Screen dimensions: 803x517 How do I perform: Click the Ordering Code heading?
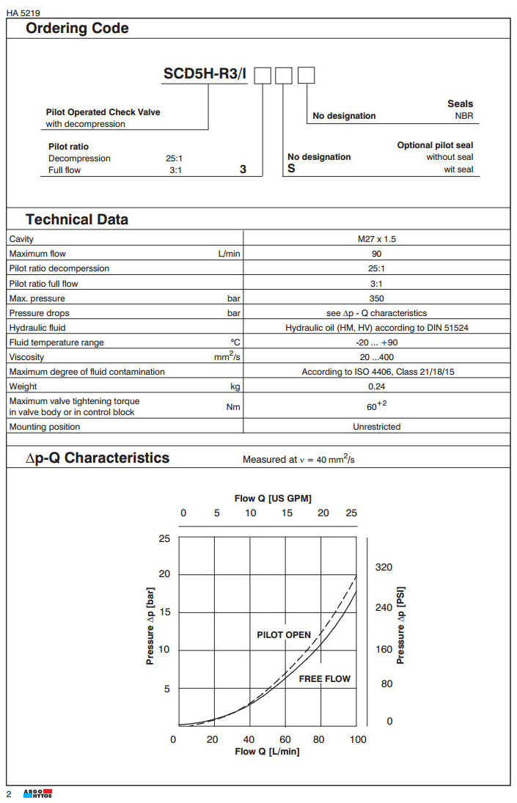[x=77, y=29]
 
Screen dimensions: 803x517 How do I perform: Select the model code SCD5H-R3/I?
[x=205, y=75]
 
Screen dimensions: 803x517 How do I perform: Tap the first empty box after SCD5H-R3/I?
[x=263, y=76]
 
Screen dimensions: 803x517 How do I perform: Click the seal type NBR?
[x=463, y=116]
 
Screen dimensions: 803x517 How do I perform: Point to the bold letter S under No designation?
[x=291, y=169]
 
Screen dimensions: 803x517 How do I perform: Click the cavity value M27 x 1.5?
[x=376, y=239]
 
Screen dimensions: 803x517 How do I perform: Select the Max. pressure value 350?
[x=376, y=298]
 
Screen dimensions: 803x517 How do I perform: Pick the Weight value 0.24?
[x=376, y=386]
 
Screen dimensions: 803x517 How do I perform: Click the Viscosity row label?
[x=26, y=357]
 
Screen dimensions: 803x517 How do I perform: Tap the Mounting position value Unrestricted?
[x=376, y=427]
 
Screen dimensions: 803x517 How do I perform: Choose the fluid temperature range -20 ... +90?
[x=376, y=342]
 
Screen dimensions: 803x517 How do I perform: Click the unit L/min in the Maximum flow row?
[x=229, y=254]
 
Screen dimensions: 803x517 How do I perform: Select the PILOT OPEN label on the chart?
[x=284, y=635]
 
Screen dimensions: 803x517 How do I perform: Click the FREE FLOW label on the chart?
[x=324, y=679]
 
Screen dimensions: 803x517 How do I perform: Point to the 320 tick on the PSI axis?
[x=384, y=568]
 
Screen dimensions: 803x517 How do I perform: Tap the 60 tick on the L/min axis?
[x=285, y=739]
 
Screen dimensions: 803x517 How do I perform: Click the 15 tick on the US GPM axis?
[x=287, y=513]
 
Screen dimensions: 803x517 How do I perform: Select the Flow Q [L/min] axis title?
[x=267, y=752]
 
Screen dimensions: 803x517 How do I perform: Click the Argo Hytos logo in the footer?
[x=38, y=795]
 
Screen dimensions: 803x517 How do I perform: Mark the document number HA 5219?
[x=22, y=11]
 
